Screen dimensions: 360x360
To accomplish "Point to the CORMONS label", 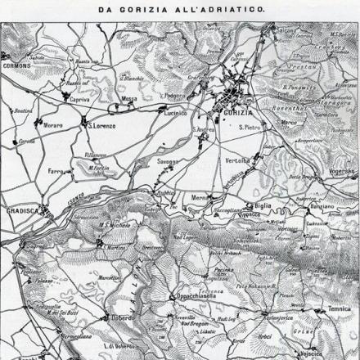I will point(16,65).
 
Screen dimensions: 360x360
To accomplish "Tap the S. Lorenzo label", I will point(101,126).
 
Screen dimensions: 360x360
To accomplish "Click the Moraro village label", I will point(53,126).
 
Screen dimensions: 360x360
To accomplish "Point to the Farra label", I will point(56,172).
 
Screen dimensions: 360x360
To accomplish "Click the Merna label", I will point(200,197).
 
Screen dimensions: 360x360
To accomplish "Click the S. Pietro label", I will point(250,128).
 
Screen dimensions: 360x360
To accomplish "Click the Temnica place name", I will point(338,308).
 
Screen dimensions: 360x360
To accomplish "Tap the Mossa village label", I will point(129,100).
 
